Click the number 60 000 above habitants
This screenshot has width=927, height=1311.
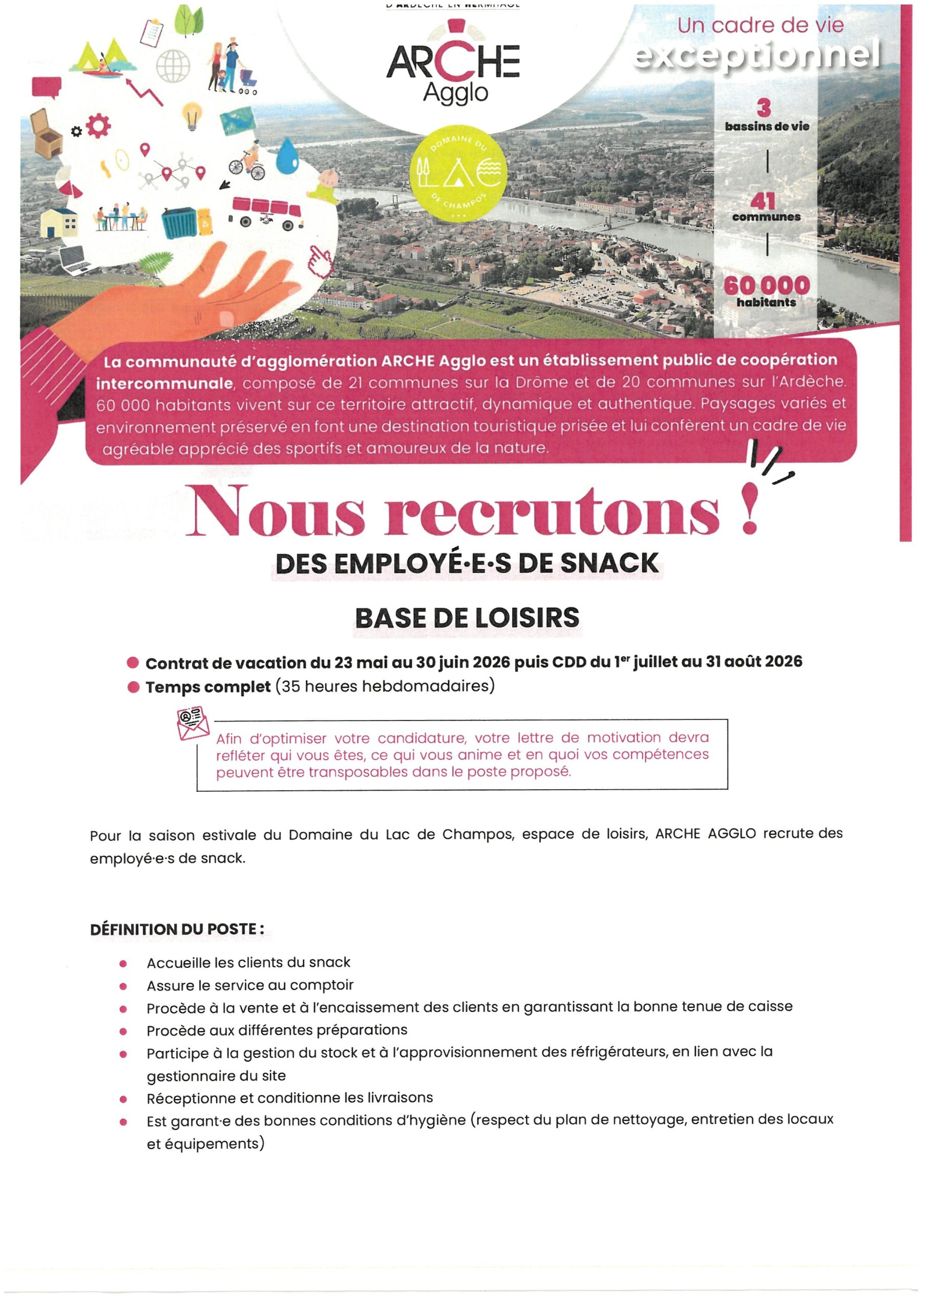click(767, 285)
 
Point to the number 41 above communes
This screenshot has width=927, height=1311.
click(763, 201)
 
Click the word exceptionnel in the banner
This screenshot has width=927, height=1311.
click(757, 56)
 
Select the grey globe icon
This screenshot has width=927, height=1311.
click(173, 66)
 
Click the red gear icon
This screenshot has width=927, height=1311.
click(98, 125)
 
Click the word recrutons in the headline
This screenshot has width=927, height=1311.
click(552, 512)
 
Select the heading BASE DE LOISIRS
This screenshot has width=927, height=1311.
click(467, 618)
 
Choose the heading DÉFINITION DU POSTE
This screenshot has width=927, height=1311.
click(177, 929)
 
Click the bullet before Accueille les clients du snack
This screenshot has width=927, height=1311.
click(123, 964)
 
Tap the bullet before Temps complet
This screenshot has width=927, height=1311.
click(133, 687)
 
